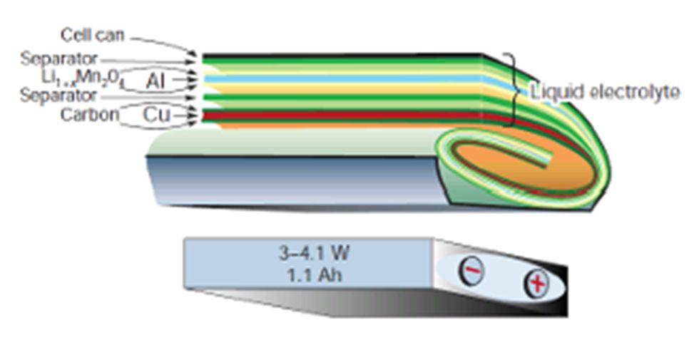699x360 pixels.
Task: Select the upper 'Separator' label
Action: [58, 59]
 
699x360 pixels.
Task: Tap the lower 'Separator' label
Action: [58, 96]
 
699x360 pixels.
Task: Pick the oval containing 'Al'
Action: [155, 81]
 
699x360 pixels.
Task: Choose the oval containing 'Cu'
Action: [155, 115]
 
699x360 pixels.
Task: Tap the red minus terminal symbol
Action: [471, 271]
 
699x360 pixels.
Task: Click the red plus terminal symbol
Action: [537, 284]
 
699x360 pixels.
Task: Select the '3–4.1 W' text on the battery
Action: [314, 253]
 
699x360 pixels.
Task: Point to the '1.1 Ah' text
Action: [314, 274]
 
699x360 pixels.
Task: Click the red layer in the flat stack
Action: [342, 114]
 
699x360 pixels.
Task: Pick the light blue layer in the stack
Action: [342, 78]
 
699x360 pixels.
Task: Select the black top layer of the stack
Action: [342, 54]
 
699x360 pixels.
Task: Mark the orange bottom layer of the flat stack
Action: [342, 125]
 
